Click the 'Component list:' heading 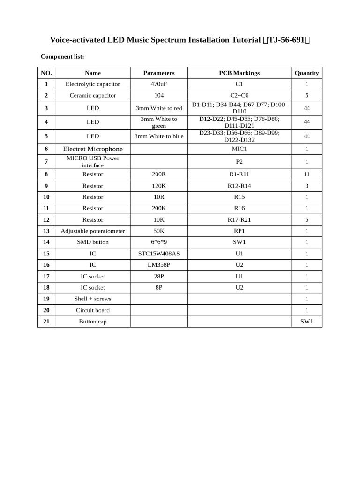62,57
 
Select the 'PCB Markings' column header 239,73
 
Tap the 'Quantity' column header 307,73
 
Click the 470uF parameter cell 159,84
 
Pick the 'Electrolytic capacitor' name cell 93,84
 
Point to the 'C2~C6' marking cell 239,96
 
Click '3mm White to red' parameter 159,108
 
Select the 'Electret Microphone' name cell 93,149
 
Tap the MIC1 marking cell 239,149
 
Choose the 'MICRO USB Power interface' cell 93,162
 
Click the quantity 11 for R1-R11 307,174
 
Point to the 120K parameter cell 159,186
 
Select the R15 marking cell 239,197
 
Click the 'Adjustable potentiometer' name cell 93,231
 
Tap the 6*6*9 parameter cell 159,242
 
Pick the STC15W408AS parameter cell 159,254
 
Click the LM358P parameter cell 159,265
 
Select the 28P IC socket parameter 159,277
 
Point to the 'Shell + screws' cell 93,299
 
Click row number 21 46,322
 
